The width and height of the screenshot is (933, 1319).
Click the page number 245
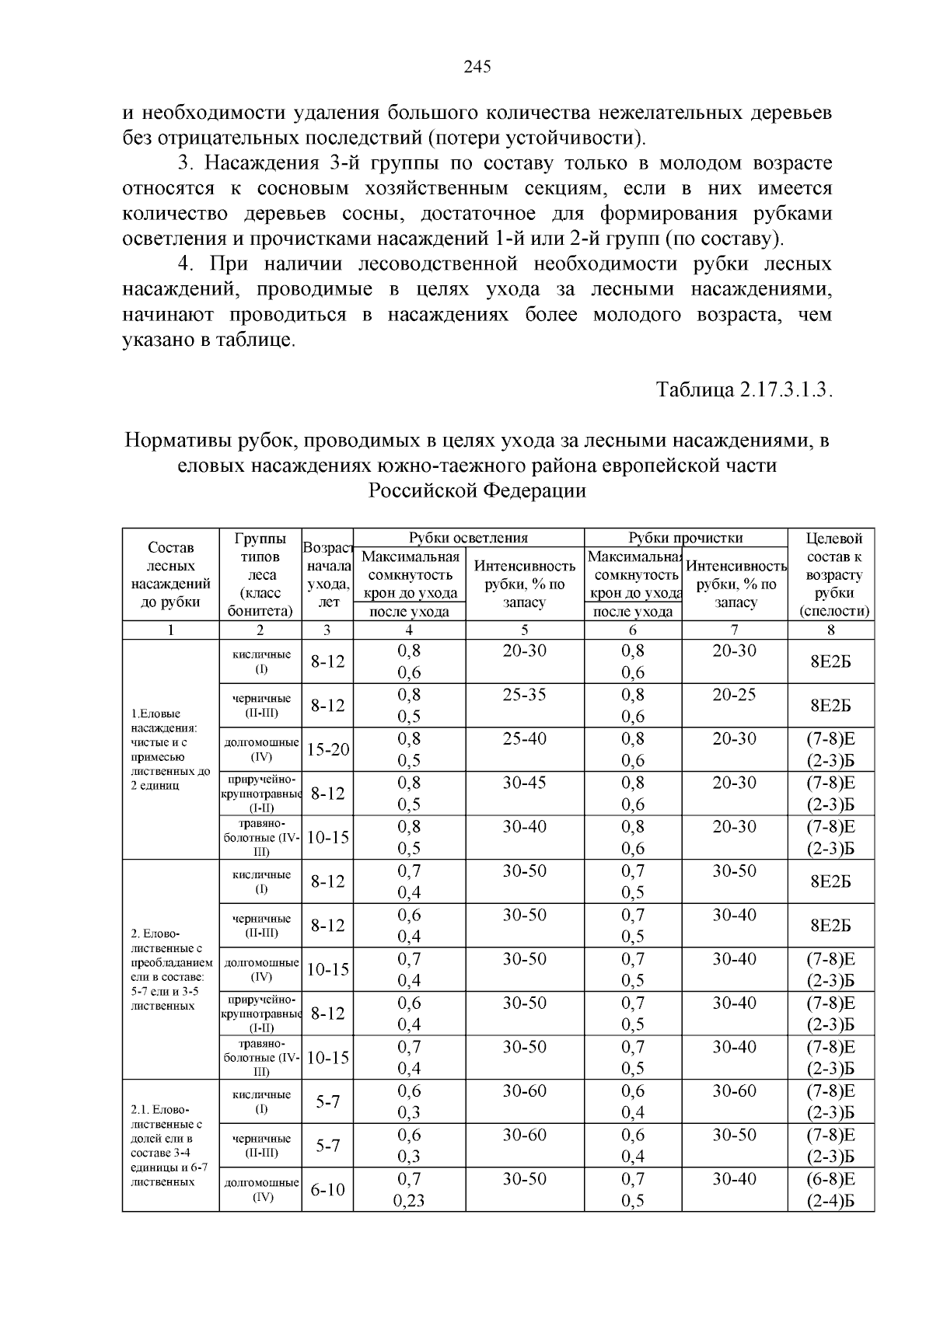[x=477, y=68]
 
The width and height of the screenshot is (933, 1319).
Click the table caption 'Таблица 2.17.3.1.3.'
[x=744, y=389]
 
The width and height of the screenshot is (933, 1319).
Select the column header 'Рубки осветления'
[x=468, y=538]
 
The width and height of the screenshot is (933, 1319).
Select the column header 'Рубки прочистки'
[x=685, y=538]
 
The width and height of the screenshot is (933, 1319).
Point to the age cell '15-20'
[x=327, y=750]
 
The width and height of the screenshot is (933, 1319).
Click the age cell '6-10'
[x=327, y=1190]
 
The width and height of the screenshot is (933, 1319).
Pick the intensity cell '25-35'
[x=524, y=695]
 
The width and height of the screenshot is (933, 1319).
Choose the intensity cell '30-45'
[x=524, y=783]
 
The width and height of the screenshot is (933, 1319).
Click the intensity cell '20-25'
[x=734, y=695]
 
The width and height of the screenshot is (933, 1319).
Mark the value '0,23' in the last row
[x=409, y=1201]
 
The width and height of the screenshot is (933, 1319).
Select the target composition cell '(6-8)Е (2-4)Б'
[x=830, y=1190]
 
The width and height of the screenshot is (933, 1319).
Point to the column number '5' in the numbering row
[x=525, y=630]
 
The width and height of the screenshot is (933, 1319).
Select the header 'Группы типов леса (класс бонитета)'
[x=260, y=574]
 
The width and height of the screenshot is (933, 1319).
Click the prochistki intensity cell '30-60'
[x=734, y=1091]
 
